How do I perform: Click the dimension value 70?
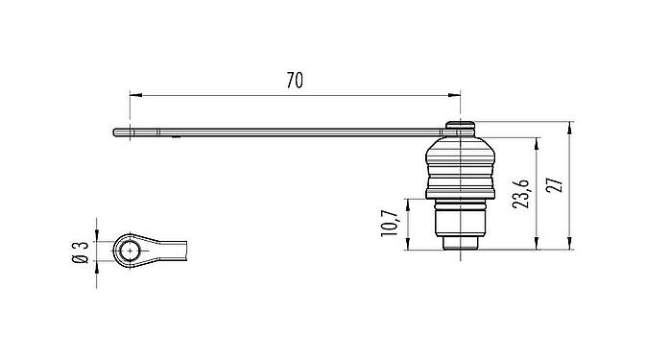pyautogui.click(x=295, y=82)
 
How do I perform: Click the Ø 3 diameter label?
pyautogui.click(x=84, y=252)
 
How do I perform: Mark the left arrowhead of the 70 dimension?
pyautogui.click(x=134, y=95)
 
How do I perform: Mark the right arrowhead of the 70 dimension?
pyautogui.click(x=455, y=95)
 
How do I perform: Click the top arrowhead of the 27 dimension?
pyautogui.click(x=571, y=127)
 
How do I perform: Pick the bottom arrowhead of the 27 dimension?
pyautogui.click(x=571, y=246)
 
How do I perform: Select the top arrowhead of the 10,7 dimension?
pyautogui.click(x=407, y=204)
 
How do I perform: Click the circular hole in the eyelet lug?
pyautogui.click(x=130, y=252)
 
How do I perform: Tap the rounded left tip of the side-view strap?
pyautogui.click(x=116, y=132)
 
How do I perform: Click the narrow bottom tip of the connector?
pyautogui.click(x=461, y=248)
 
